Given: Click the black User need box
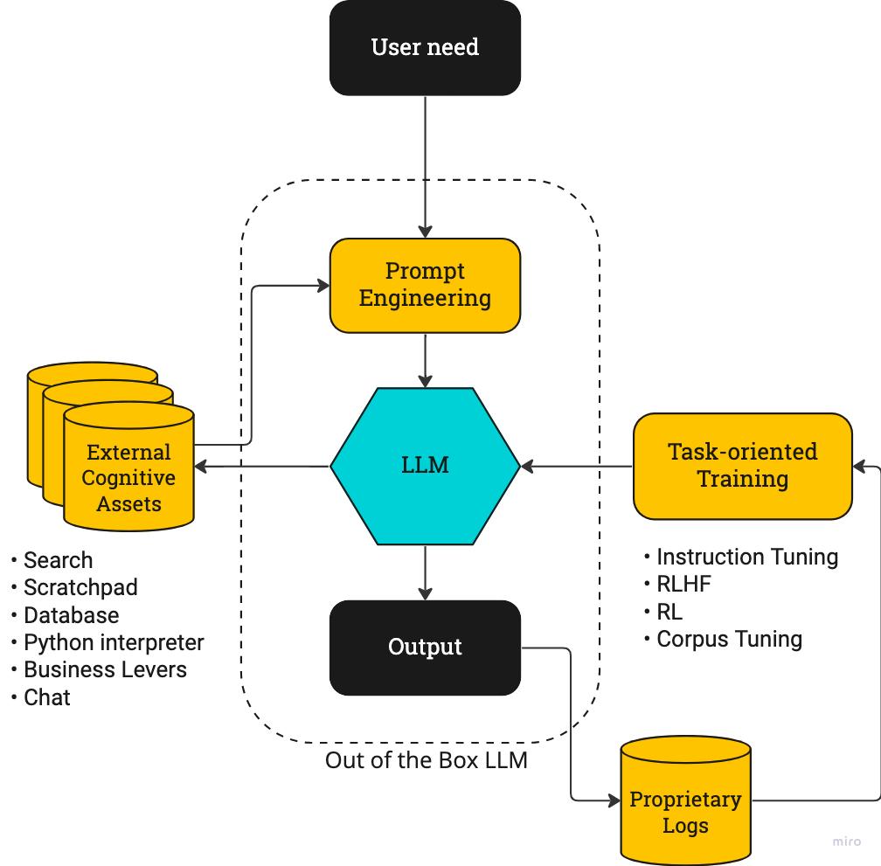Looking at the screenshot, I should click(425, 47).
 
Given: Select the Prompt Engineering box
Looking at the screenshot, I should click(425, 285).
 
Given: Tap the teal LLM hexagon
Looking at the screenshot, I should click(425, 465).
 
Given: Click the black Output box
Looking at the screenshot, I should click(425, 648).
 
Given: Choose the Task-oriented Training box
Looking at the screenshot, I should click(742, 465).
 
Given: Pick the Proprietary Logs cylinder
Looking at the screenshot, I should click(685, 812).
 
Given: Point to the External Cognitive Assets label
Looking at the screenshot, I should click(128, 478).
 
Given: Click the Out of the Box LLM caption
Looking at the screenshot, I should click(427, 760).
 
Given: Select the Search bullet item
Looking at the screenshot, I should click(58, 560).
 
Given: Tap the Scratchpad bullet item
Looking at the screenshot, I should click(80, 587).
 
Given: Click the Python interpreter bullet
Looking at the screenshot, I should click(114, 642).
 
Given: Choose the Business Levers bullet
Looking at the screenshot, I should click(105, 669).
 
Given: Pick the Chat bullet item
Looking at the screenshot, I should click(47, 697).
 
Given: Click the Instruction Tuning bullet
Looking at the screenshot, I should click(746, 557).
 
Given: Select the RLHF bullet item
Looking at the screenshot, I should click(683, 584).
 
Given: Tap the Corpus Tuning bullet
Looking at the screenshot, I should click(729, 639).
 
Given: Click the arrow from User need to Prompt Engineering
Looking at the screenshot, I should click(425, 166).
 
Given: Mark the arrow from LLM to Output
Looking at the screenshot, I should click(425, 572).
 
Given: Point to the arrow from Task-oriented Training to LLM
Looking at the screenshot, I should click(577, 467).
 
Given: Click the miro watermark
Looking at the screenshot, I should click(846, 842).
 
